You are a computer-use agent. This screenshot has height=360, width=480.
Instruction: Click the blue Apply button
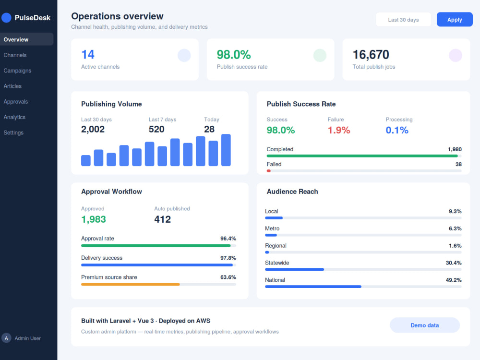(454, 20)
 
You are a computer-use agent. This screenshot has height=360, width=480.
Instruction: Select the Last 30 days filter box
(403, 20)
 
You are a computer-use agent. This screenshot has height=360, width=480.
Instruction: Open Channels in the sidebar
(15, 55)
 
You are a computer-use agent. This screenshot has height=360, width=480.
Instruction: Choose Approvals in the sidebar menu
(16, 102)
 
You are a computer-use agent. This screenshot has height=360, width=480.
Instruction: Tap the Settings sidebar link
(13, 132)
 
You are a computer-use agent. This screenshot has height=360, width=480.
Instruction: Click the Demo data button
(425, 325)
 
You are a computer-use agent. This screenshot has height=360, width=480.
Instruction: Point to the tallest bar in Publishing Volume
(226, 150)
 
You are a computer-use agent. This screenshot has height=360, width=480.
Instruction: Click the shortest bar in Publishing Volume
(86, 160)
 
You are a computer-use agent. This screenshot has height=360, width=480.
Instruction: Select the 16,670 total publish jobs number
(371, 55)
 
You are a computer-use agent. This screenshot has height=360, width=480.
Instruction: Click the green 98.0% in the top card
(234, 55)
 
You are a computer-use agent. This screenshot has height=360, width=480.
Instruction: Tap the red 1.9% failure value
(338, 130)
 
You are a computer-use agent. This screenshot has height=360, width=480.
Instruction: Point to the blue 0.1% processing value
(397, 130)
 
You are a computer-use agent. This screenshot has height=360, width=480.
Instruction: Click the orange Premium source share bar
(131, 284)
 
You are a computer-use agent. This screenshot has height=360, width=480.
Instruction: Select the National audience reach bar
(313, 287)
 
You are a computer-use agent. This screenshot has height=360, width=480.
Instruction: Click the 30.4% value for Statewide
(454, 263)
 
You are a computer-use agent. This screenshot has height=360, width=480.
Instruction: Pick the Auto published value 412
(162, 219)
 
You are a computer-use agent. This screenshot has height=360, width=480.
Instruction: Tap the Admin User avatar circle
(6, 338)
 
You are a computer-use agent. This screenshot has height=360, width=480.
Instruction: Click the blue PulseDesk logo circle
(6, 17)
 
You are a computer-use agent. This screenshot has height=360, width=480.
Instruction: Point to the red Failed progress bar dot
(268, 171)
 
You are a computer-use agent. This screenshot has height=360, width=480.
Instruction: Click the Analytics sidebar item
(14, 117)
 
